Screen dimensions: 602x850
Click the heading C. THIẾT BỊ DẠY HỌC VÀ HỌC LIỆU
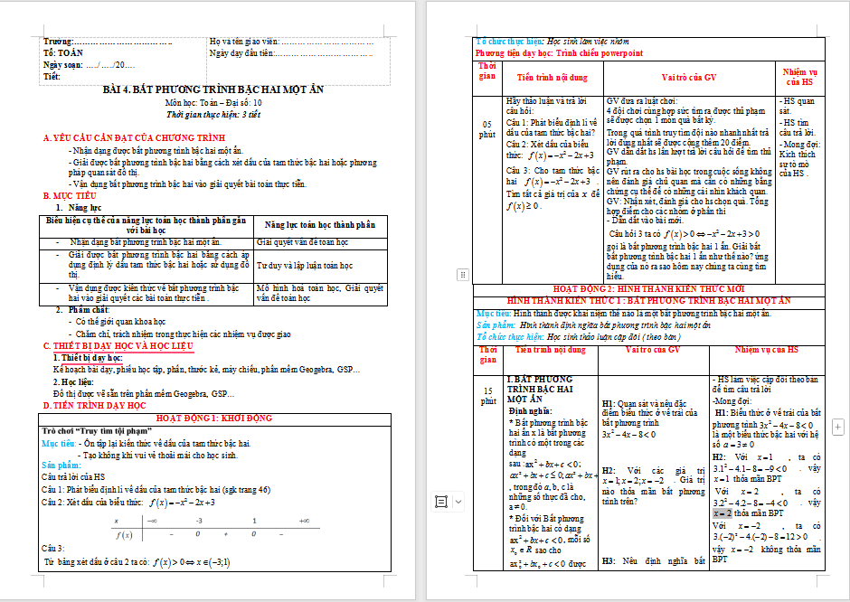[x=131, y=346]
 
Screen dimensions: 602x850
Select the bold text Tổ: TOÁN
[x=62, y=53]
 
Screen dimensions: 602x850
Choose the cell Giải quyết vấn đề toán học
[x=302, y=242]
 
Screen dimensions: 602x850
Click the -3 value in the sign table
[x=199, y=522]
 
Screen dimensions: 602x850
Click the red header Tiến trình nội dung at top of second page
[x=552, y=78]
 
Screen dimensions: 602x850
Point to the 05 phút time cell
[x=487, y=128]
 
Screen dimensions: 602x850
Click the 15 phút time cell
[x=487, y=395]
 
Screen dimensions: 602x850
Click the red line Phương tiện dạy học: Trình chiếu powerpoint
[x=559, y=53]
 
